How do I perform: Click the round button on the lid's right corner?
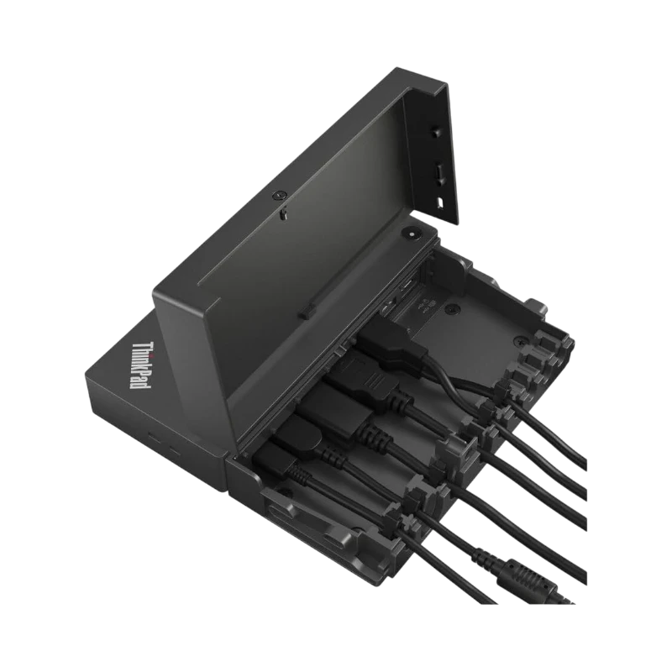point(414,237)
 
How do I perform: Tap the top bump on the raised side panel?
point(434,133)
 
